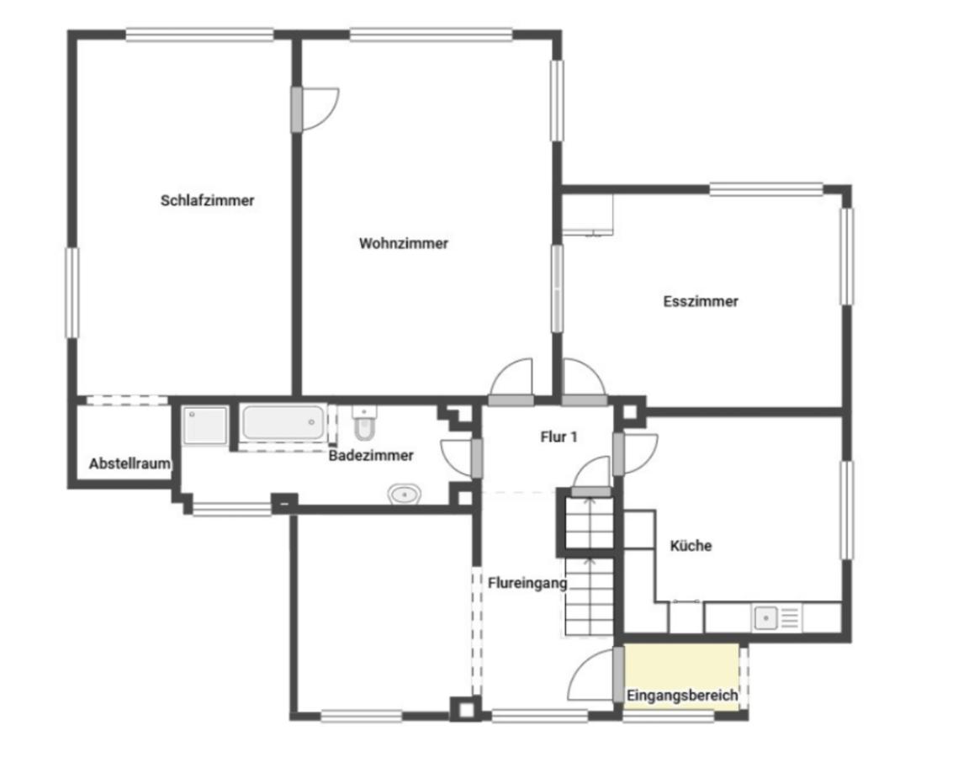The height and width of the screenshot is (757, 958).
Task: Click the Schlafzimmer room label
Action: click(x=207, y=200)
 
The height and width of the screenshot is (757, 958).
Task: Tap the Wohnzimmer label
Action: click(x=403, y=243)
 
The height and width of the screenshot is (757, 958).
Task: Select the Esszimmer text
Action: click(x=701, y=301)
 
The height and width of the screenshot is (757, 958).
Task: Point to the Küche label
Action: click(x=691, y=546)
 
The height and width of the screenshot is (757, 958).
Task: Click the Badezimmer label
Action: click(x=371, y=456)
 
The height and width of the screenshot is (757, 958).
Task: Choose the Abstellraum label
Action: click(x=130, y=463)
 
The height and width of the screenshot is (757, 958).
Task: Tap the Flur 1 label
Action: click(x=558, y=437)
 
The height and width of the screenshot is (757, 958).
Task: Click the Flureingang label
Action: click(x=527, y=584)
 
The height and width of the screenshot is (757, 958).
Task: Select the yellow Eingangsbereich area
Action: click(x=682, y=676)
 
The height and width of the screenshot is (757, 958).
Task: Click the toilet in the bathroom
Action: click(x=365, y=422)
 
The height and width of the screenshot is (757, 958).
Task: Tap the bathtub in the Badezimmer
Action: click(x=283, y=422)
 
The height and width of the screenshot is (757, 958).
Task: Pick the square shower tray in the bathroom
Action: click(x=206, y=426)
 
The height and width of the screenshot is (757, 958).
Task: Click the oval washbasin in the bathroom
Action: click(x=405, y=494)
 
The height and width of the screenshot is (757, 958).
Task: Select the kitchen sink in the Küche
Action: click(x=765, y=618)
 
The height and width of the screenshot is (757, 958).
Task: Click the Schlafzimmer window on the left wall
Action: click(x=72, y=293)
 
